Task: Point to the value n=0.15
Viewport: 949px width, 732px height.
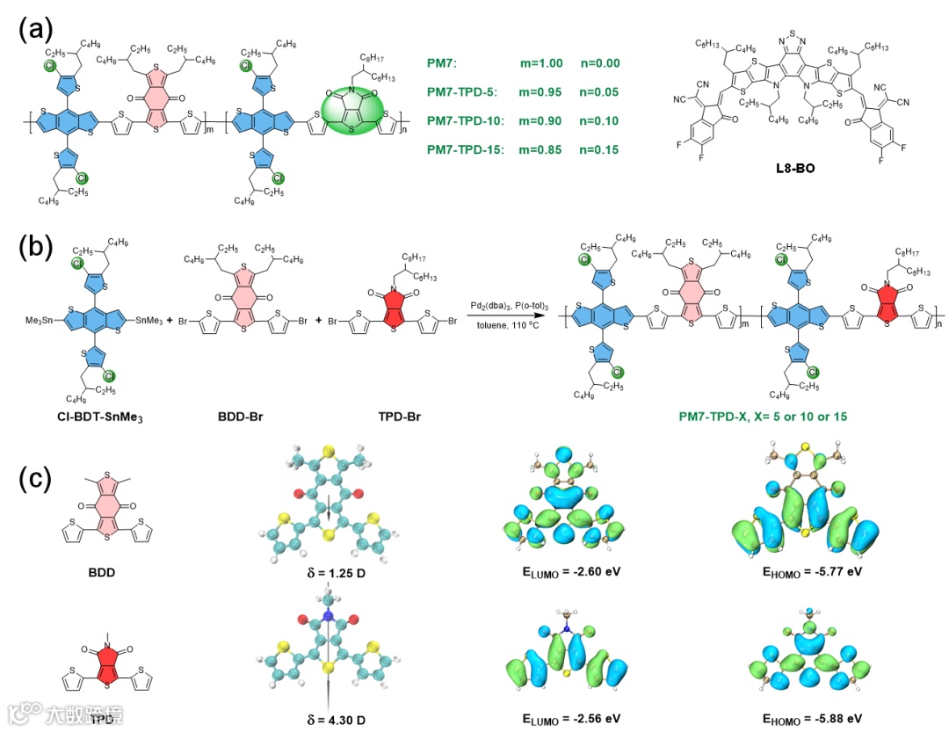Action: point(599,150)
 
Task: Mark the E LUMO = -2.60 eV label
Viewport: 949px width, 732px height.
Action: point(561,572)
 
